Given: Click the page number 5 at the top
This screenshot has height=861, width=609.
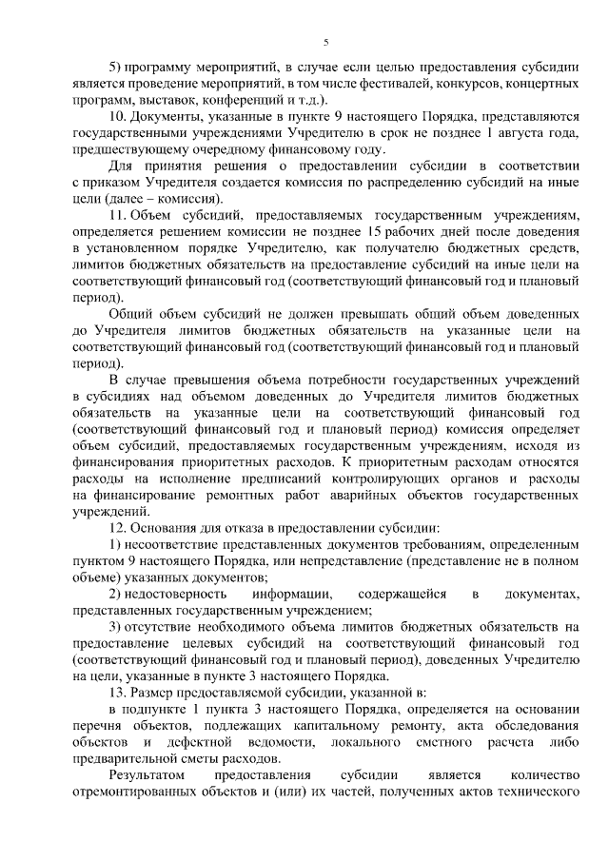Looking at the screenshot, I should point(325,42).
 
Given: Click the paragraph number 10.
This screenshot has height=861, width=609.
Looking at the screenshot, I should point(118,116).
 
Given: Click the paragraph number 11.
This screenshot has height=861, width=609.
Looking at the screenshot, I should point(117,217).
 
